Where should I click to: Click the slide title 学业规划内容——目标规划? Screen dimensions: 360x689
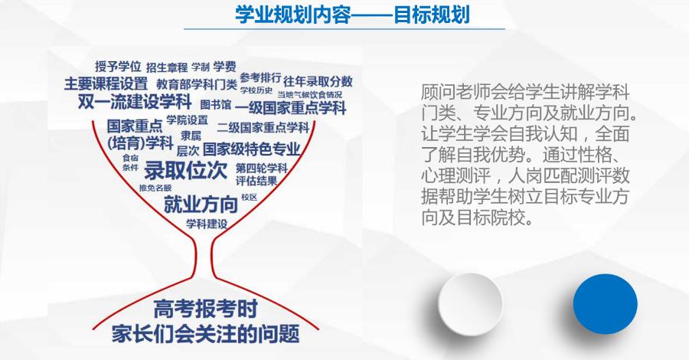(351, 15)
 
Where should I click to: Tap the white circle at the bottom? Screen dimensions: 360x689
(470, 302)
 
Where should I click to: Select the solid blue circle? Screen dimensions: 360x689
(605, 302)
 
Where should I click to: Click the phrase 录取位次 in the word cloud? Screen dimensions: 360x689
(186, 170)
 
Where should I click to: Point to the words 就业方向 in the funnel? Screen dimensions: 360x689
(201, 205)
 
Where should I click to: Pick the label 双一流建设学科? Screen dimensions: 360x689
(134, 101)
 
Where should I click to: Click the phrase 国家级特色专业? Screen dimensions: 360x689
(251, 148)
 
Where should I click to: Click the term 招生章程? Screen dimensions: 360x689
(166, 67)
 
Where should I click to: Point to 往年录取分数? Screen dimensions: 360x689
(318, 81)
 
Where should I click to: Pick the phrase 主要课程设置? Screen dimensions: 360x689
(106, 83)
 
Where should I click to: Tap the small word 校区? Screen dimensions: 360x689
(249, 197)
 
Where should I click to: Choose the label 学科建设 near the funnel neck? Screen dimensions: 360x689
(207, 224)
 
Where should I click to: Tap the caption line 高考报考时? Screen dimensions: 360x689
(205, 310)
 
